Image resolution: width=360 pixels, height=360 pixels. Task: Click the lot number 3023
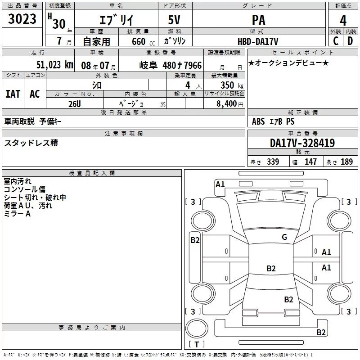(x=22, y=18)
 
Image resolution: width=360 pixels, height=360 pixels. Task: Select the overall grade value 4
(x=343, y=21)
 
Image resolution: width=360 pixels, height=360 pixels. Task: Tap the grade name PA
(x=258, y=20)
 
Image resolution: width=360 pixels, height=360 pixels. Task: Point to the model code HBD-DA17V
(x=258, y=41)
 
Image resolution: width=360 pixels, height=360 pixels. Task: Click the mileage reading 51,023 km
(x=55, y=65)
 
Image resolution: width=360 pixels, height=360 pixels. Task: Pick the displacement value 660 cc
(x=143, y=41)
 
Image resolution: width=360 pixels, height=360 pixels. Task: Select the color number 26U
(x=75, y=104)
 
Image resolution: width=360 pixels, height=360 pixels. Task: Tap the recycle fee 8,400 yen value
(x=230, y=103)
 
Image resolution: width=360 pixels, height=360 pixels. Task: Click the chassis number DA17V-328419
(x=302, y=143)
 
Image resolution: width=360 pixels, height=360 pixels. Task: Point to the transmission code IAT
(x=13, y=94)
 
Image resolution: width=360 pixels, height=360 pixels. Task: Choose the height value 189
(x=346, y=162)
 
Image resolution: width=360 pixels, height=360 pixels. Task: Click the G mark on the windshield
(x=284, y=237)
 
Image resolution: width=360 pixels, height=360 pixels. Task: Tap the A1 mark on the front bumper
(x=220, y=184)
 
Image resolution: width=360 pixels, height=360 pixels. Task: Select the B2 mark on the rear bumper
(x=321, y=332)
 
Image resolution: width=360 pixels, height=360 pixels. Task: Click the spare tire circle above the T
(x=197, y=328)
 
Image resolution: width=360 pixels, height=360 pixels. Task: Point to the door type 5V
(x=174, y=20)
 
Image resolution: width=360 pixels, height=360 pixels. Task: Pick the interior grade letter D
(x=350, y=41)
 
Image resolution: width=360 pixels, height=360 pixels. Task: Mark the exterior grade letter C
(x=336, y=41)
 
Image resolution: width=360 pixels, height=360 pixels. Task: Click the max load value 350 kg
(x=232, y=85)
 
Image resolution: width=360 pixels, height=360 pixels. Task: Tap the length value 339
(x=273, y=162)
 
